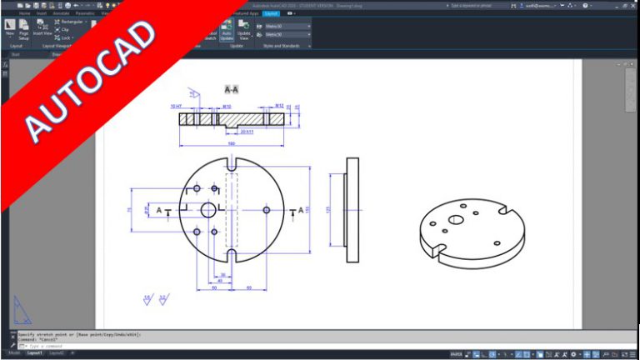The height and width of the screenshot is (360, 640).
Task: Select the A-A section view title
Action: coord(232,88)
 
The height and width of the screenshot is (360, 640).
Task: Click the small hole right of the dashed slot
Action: coord(266,209)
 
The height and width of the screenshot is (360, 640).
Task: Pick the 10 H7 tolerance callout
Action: coord(176,107)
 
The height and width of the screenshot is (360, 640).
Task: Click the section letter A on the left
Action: coord(159,210)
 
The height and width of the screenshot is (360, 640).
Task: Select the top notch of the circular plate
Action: coord(232,162)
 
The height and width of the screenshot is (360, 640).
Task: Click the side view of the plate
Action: coord(352,209)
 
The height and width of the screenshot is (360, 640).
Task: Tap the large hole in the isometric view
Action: coord(456,220)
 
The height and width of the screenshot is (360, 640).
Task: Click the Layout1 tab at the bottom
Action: coord(34,353)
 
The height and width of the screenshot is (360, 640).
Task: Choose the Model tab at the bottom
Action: coord(12,353)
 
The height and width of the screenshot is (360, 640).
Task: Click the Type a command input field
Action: coord(83,346)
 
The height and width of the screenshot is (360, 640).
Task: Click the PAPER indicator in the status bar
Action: coord(457,353)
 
